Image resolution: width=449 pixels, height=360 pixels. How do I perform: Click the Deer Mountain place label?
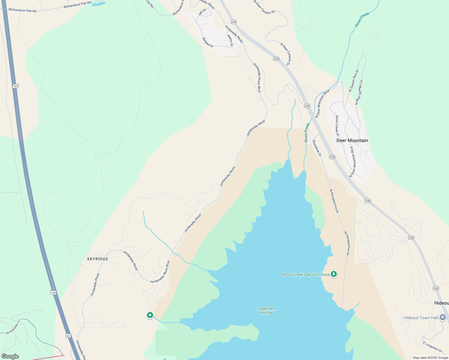coord(352,140)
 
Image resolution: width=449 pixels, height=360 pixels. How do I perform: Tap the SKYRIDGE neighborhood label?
coord(98,259)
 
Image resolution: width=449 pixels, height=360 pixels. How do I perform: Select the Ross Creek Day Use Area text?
coord(306,274)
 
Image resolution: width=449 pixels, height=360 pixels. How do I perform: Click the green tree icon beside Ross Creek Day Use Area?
coord(334,274)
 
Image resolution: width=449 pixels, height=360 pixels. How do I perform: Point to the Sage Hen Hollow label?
coord(266,310)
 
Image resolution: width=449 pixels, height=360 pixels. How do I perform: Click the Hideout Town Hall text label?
coord(421,318)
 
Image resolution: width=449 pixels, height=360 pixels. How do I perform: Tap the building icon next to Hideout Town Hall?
coord(442,317)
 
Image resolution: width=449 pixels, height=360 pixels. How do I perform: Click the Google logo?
coord(10,356)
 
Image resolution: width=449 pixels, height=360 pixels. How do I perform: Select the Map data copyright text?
coord(430,358)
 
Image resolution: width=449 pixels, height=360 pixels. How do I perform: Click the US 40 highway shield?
coord(68,336)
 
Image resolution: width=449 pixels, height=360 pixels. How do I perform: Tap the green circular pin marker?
coord(150,315)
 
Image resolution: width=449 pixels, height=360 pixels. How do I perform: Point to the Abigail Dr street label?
coord(208,42)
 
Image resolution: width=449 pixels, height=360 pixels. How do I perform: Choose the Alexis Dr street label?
coord(230,40)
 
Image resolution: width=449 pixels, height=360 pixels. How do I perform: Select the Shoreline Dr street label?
coord(317,148)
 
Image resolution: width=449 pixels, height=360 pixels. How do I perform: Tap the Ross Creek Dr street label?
coord(337,126)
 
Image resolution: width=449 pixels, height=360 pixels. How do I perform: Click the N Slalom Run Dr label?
coord(354,80)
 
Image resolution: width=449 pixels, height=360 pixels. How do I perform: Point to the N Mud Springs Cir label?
coord(359,92)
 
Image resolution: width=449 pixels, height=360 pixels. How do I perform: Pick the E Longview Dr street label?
coord(432,347)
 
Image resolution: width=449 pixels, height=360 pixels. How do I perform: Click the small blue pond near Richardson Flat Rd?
coord(99,4)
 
